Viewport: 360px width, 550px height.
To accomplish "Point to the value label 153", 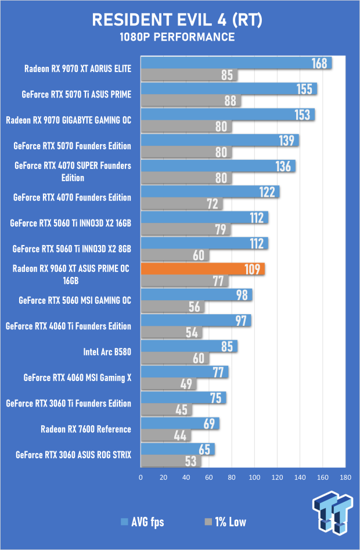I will coord(303,114).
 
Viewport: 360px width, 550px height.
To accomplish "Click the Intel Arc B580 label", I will coord(107,352).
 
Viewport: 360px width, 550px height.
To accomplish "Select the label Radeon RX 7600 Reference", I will coord(86,429).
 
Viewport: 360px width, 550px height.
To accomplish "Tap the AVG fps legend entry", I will coord(142,522).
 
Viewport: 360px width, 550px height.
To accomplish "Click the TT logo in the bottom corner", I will coord(333,512).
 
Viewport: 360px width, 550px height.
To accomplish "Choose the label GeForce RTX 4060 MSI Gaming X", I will coord(78,378).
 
